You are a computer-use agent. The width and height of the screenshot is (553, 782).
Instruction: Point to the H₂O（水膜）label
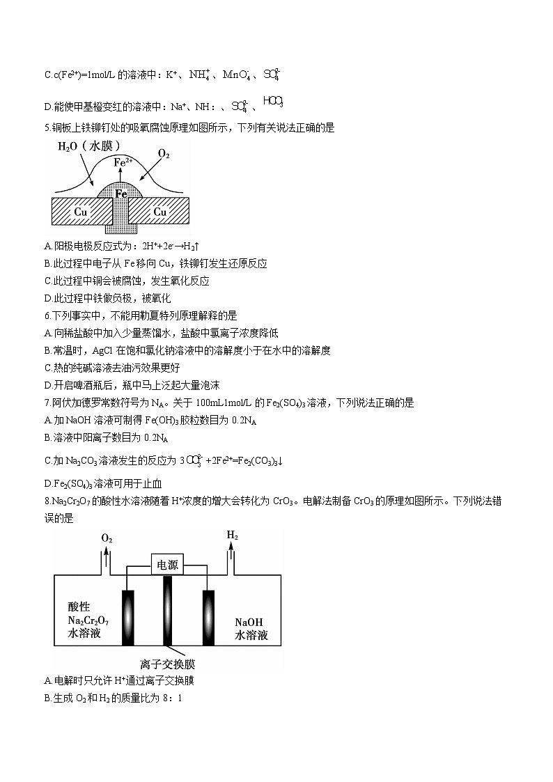89,146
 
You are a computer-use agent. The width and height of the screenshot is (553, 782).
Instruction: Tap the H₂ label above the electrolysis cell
232,535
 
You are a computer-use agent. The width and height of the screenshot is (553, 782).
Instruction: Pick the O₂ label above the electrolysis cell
107,539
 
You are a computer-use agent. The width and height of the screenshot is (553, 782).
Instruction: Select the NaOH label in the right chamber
250,623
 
